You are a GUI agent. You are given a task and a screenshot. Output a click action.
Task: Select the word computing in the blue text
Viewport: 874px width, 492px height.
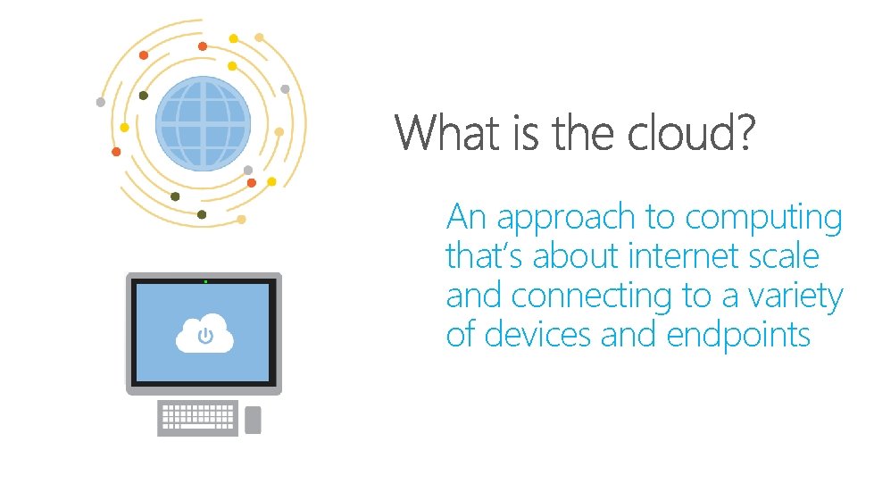tap(763, 219)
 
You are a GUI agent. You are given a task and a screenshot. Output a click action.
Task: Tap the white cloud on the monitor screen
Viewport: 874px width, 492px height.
tap(204, 334)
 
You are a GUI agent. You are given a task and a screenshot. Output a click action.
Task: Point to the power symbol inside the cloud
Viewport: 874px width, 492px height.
tap(205, 337)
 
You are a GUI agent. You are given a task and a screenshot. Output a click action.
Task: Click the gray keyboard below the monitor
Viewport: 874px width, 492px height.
tap(197, 417)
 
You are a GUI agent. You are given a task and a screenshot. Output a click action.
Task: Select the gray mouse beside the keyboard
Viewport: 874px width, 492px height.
tap(253, 420)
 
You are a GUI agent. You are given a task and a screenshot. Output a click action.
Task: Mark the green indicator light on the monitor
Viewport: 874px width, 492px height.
tap(205, 282)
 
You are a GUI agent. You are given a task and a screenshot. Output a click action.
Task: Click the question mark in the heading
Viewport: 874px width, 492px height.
tap(745, 134)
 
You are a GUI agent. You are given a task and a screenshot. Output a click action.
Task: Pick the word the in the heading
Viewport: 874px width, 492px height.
tap(586, 134)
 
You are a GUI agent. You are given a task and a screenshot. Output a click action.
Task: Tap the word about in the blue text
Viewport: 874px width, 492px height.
tap(579, 256)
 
